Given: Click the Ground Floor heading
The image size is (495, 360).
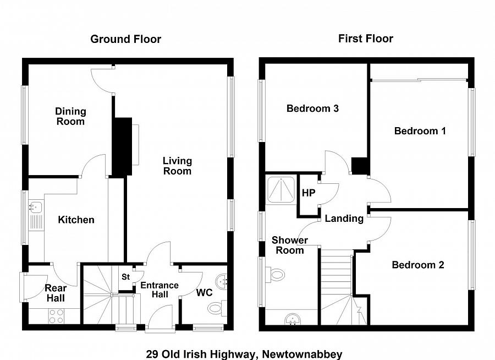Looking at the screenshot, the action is pyautogui.click(x=125, y=39).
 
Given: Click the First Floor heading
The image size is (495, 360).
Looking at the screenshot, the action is pyautogui.click(x=366, y=39).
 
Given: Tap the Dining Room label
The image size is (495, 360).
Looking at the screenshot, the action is pyautogui.click(x=70, y=116).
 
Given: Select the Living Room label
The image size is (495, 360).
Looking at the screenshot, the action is pyautogui.click(x=177, y=166).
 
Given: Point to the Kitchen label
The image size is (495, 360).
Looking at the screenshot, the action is pyautogui.click(x=76, y=220).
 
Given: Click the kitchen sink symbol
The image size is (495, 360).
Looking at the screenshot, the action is pyautogui.click(x=36, y=207).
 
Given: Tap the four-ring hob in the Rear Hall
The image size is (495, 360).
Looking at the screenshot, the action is pyautogui.click(x=56, y=316).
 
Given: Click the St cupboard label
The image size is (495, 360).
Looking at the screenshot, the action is pyautogui.click(x=125, y=277).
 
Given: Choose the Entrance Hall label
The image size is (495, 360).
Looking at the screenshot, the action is pyautogui.click(x=159, y=290).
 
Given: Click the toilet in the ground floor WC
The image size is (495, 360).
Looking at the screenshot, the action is pyautogui.click(x=217, y=308).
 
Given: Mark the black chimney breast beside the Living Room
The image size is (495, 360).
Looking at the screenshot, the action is pyautogui.click(x=123, y=146).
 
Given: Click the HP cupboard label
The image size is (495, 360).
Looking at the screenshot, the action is pyautogui.click(x=309, y=193).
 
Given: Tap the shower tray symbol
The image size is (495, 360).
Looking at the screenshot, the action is pyautogui.click(x=281, y=189).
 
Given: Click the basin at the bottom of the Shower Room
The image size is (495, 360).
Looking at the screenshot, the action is pyautogui.click(x=293, y=319).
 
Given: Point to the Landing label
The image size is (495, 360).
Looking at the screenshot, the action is pyautogui.click(x=344, y=219).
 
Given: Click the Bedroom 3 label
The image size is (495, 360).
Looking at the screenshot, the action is pyautogui.click(x=312, y=108).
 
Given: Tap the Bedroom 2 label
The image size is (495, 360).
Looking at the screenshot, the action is pyautogui.click(x=418, y=265).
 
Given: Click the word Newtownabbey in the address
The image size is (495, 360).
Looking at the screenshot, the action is pyautogui.click(x=302, y=354).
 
